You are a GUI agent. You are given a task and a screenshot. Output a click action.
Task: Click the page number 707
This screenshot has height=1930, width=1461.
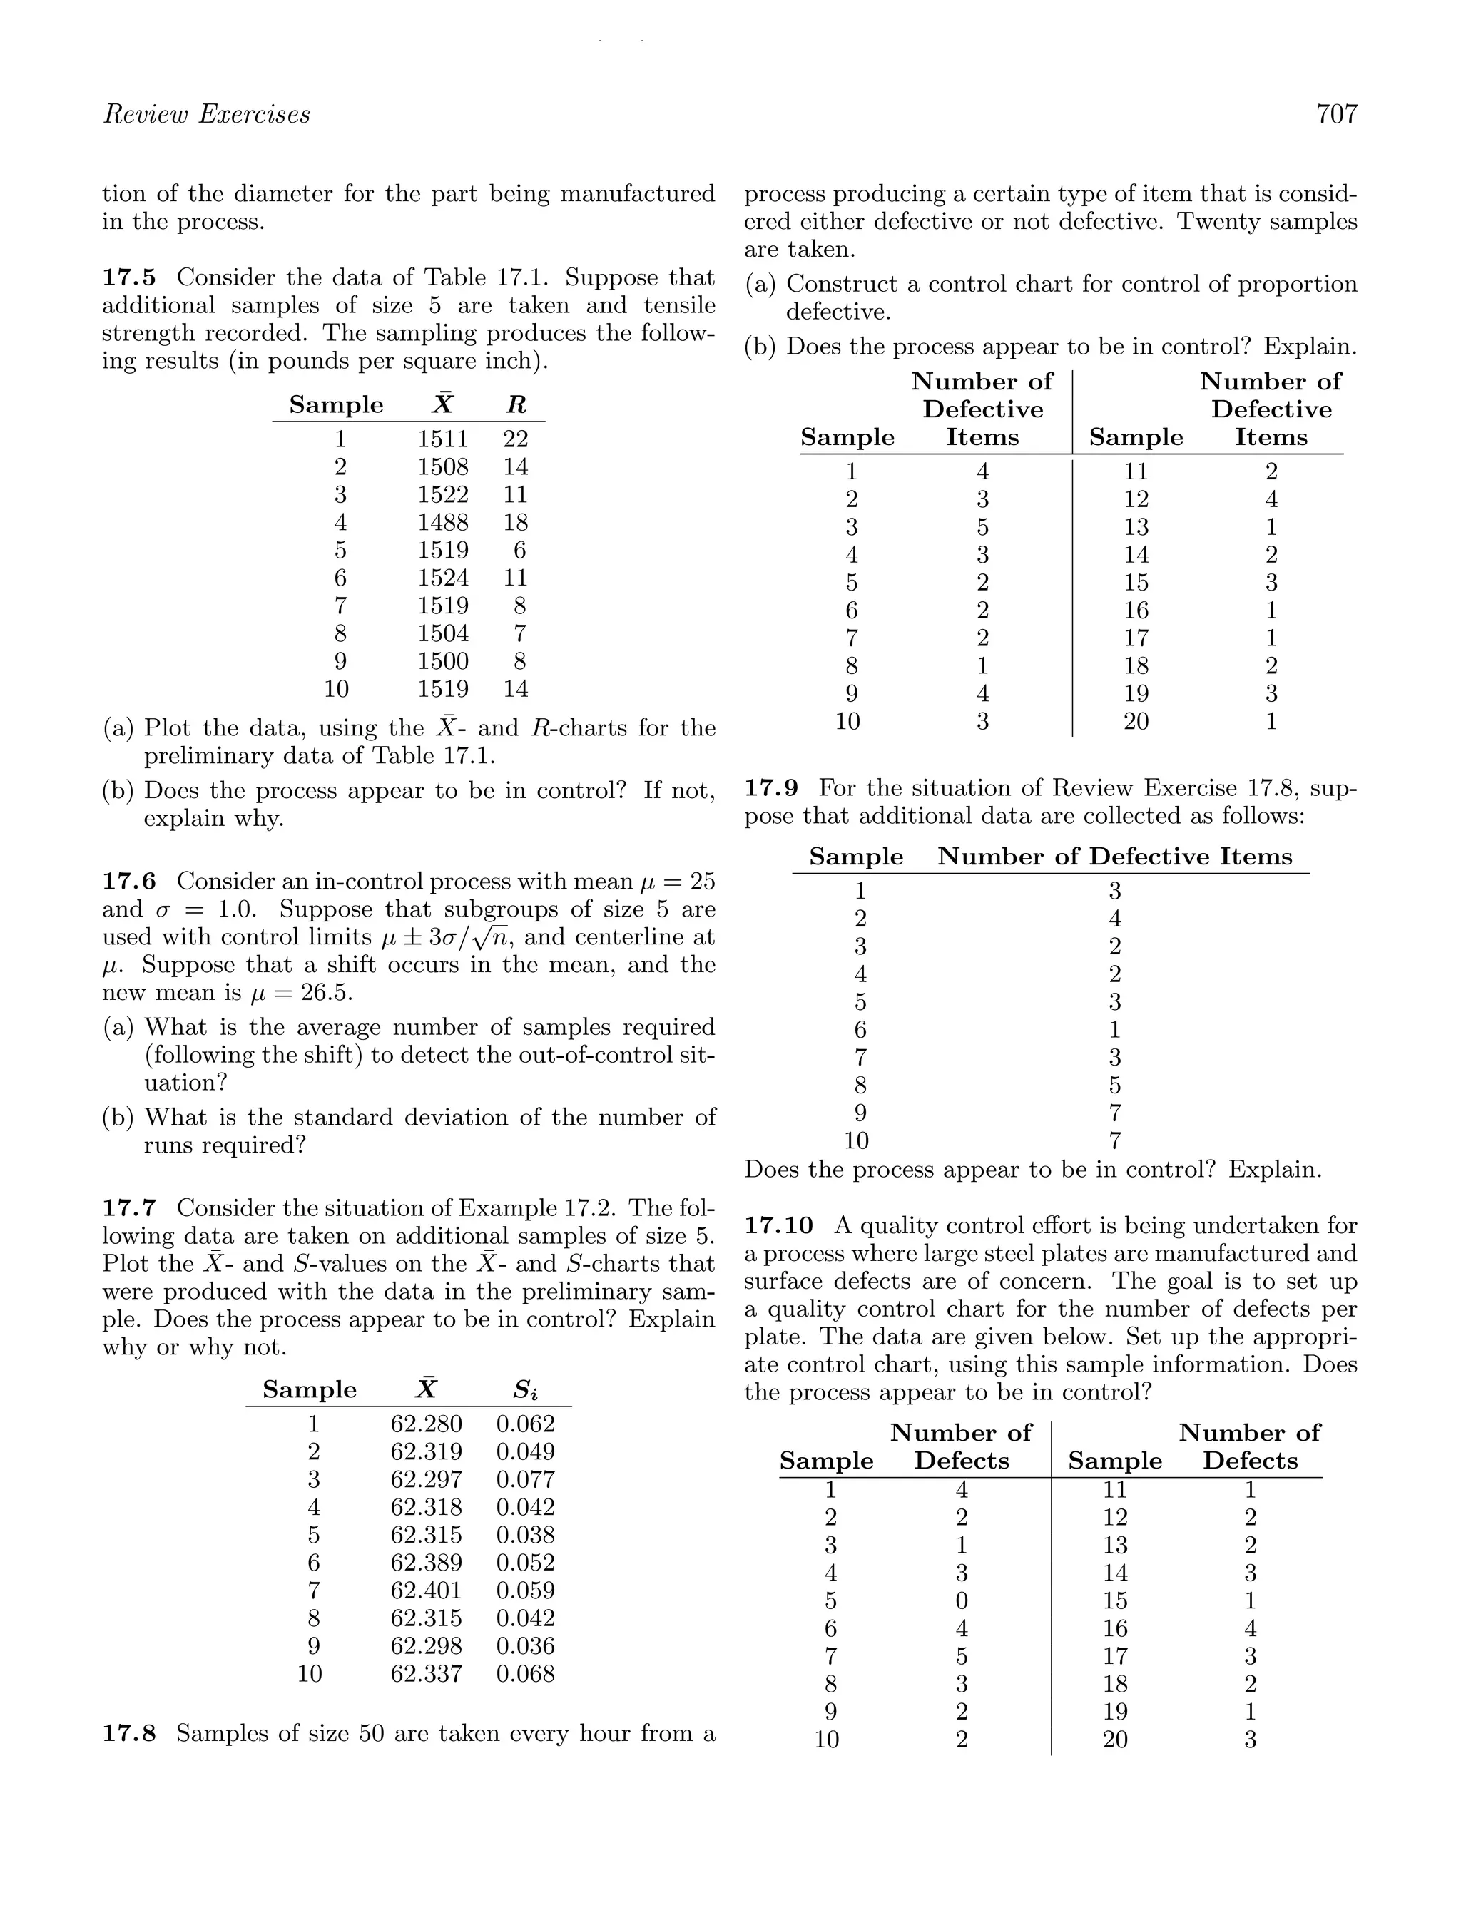[x=1336, y=114]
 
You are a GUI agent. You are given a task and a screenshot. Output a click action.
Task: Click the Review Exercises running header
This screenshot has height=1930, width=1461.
[x=206, y=114]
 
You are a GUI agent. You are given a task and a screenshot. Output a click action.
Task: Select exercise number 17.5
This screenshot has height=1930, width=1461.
[x=129, y=277]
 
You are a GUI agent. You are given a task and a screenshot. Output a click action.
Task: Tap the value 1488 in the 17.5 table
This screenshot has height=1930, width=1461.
[x=442, y=523]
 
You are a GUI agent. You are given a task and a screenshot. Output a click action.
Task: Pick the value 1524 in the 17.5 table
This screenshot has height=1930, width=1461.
[x=442, y=578]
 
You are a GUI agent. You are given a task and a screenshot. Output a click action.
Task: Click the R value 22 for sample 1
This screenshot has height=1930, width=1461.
[x=516, y=439]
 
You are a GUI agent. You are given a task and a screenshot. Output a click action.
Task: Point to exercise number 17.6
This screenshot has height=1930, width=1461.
[x=129, y=882]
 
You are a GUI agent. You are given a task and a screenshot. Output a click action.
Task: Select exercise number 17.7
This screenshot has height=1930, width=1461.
[x=129, y=1208]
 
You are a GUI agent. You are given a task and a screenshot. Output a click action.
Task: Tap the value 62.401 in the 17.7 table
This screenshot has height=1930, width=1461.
[x=426, y=1591]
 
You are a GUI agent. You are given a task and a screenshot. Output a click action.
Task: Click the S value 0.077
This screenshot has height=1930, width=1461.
[x=525, y=1480]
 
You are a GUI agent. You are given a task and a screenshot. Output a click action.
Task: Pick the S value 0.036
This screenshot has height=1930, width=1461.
[x=525, y=1646]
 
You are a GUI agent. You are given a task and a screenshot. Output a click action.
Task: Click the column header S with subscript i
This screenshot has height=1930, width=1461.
[x=525, y=1390]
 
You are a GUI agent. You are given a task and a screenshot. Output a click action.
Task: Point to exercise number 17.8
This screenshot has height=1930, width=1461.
[x=129, y=1734]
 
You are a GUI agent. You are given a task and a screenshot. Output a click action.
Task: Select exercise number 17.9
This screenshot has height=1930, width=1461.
[x=772, y=789]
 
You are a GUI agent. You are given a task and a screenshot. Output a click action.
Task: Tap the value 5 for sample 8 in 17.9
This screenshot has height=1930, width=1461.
[x=1114, y=1086]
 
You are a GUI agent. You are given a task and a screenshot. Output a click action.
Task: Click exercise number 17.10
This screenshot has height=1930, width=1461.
[x=778, y=1226]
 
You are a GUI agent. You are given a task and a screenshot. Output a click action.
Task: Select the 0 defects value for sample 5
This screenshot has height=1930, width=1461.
[x=961, y=1601]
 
